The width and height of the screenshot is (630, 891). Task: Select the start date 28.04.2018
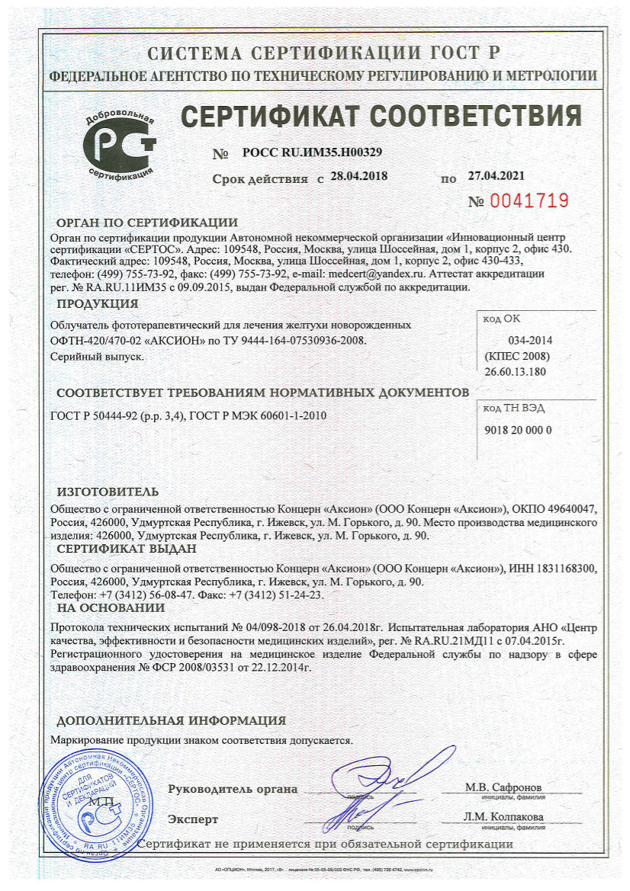pyautogui.click(x=358, y=176)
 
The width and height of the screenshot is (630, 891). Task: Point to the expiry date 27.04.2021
pyautogui.click(x=497, y=175)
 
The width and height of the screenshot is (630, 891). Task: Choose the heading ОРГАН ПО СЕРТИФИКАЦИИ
pyautogui.click(x=147, y=223)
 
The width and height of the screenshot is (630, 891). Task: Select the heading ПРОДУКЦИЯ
pyautogui.click(x=92, y=303)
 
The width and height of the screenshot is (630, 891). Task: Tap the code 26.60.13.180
pyautogui.click(x=516, y=370)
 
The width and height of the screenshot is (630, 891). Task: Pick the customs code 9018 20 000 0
pyautogui.click(x=518, y=430)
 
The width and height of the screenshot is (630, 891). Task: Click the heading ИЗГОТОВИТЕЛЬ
pyautogui.click(x=108, y=491)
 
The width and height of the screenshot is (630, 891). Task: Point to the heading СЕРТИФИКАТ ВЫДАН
pyautogui.click(x=127, y=549)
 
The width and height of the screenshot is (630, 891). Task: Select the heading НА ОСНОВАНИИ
pyautogui.click(x=111, y=607)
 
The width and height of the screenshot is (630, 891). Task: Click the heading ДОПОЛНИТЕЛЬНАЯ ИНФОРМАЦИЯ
pyautogui.click(x=172, y=720)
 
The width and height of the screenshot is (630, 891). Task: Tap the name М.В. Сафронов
pyautogui.click(x=505, y=787)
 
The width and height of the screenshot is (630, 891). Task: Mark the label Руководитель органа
pyautogui.click(x=233, y=789)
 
